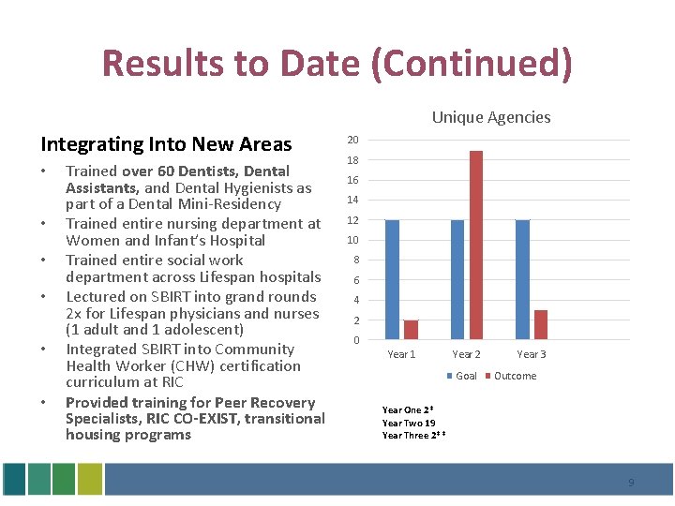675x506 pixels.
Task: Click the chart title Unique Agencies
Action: coord(490,117)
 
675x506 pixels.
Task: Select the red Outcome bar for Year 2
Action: coord(475,245)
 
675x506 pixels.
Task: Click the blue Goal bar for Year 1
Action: coord(392,279)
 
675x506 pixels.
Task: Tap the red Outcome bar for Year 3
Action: coord(541,324)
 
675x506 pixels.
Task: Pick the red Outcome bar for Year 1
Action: coord(411,329)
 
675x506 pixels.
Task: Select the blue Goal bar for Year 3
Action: coord(522,279)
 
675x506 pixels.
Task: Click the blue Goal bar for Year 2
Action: coord(457,279)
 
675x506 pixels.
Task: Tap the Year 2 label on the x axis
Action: coord(466,354)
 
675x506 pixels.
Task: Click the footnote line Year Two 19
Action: coord(408,423)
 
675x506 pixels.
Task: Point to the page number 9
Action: coord(631,483)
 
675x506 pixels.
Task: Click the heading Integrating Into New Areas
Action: coord(166,144)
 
